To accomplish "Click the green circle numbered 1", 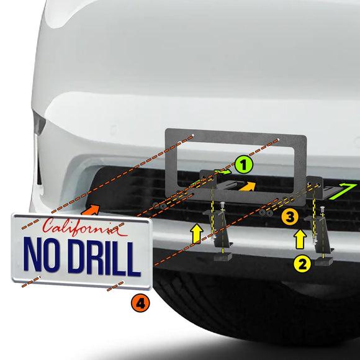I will (244, 164).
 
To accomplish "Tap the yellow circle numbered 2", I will (302, 264).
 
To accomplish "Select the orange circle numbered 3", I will (288, 216).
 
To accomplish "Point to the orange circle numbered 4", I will (141, 304).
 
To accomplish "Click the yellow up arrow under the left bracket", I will (197, 234).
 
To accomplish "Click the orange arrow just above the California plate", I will (91, 211).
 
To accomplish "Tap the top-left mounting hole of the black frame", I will (194, 136).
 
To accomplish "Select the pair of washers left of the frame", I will (160, 205).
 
